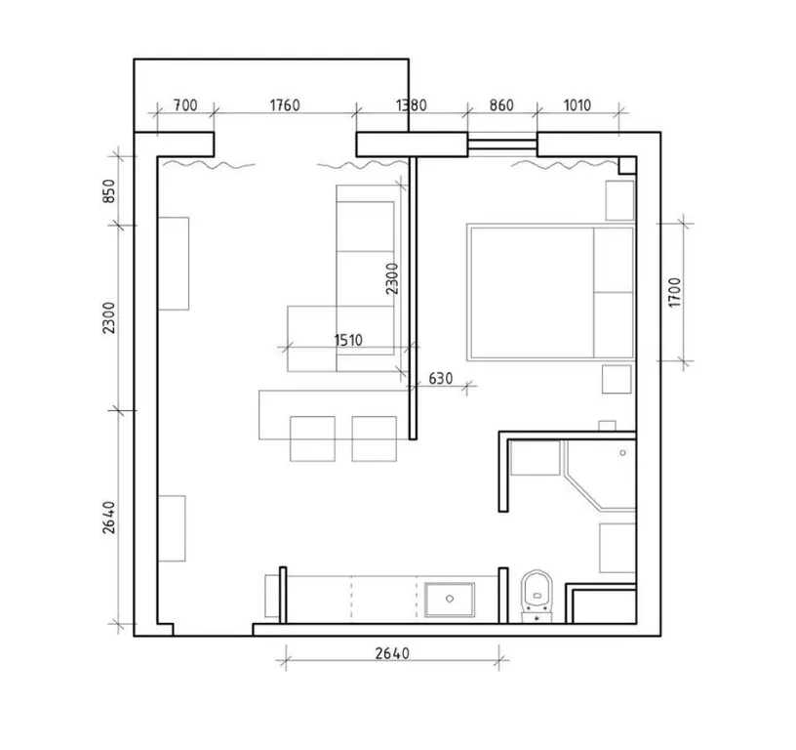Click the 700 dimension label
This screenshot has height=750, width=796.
[185, 105]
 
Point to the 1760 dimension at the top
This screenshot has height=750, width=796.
[285, 105]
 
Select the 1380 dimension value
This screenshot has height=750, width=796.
[412, 105]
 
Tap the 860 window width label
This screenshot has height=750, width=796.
[501, 105]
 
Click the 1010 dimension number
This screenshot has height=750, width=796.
[577, 105]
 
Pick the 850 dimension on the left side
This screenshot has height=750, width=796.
[109, 191]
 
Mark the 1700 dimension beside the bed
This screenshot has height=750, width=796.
[674, 292]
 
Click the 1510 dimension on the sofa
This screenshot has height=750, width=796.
[348, 340]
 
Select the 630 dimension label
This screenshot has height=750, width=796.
[441, 379]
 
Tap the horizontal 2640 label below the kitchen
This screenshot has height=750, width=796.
[392, 653]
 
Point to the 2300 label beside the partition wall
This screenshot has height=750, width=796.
[392, 278]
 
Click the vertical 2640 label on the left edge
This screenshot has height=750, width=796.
[109, 518]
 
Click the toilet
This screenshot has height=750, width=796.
[537, 596]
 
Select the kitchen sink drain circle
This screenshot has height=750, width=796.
[450, 599]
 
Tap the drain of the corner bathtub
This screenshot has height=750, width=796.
[623, 453]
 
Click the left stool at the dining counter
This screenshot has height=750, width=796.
[312, 438]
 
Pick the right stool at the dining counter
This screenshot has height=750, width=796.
[375, 438]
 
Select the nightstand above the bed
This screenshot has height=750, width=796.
[619, 201]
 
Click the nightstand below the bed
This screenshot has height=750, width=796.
[617, 379]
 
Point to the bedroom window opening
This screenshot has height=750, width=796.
[502, 145]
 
